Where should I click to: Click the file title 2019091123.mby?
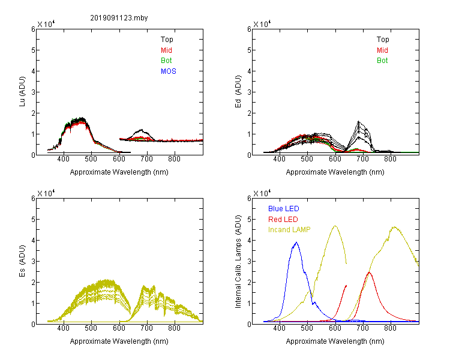(119, 18)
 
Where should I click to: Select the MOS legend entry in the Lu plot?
(169, 71)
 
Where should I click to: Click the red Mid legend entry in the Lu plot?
(166, 50)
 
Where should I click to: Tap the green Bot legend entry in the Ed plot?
(382, 61)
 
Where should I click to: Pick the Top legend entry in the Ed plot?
(383, 40)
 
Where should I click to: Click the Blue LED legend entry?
(284, 209)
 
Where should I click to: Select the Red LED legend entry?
(283, 220)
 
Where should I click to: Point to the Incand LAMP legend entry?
(289, 230)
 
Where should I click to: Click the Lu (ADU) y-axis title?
(22, 92)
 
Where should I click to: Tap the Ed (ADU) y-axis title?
(238, 92)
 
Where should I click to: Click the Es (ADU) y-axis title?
(22, 261)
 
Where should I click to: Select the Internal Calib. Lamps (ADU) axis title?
(238, 262)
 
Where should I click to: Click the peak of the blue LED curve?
(296, 242)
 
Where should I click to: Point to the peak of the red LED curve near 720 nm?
(369, 272)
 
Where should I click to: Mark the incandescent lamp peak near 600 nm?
(335, 226)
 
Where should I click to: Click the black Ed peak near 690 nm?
(359, 121)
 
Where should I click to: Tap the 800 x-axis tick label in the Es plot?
(174, 328)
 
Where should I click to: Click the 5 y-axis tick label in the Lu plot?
(33, 50)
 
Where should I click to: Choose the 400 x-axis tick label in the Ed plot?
(279, 159)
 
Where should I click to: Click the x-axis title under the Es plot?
(119, 341)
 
